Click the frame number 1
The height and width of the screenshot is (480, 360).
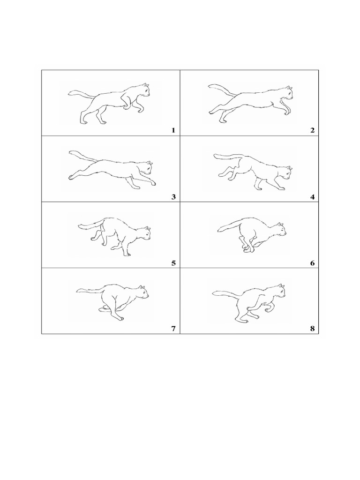point(173,130)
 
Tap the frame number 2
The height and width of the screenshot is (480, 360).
point(312,130)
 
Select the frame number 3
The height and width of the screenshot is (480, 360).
point(173,197)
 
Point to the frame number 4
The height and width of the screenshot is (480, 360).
point(312,197)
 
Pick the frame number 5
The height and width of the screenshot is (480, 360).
point(173,263)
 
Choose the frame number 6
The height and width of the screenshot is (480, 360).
point(312,263)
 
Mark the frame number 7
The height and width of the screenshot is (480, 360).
point(173,329)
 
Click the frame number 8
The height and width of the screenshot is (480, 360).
point(312,329)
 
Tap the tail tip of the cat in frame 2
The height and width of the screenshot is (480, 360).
point(210,87)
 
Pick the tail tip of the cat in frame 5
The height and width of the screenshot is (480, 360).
point(80,226)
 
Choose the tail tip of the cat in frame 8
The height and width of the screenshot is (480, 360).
point(214,293)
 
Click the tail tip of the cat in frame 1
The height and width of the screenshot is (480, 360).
point(69,92)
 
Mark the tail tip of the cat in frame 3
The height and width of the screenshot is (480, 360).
point(70,152)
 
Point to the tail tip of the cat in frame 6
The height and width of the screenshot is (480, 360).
point(218,230)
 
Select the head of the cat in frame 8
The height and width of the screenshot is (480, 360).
point(279,292)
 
